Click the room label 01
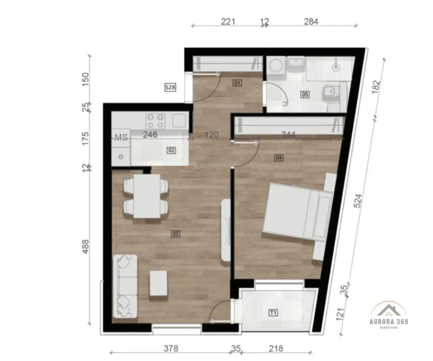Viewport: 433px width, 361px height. point(237,83)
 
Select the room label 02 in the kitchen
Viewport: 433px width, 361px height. point(171,150)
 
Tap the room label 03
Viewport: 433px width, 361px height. point(175,233)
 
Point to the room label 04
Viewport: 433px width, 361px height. point(279,158)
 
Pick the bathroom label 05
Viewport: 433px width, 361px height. point(305,94)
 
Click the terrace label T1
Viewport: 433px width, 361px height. point(274,312)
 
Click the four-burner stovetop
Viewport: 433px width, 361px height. point(155,120)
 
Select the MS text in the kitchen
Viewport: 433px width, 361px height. point(121,137)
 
